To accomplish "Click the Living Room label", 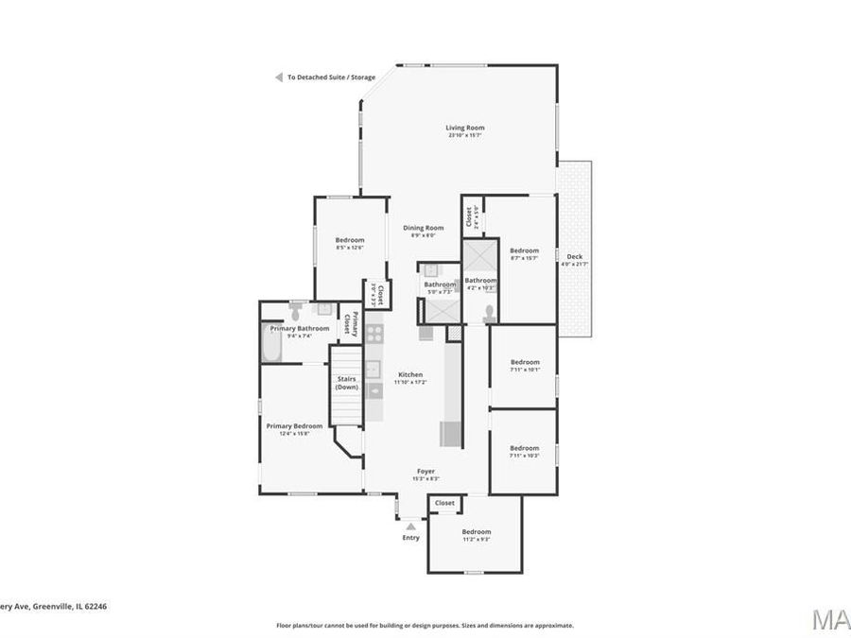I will pos(465,128).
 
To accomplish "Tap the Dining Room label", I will pos(423,227).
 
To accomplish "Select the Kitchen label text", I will pos(409,374).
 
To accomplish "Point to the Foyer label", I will pos(426,471).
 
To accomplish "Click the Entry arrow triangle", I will pos(410,525).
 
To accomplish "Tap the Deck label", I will pos(574,256).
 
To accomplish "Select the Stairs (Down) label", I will pos(346,383).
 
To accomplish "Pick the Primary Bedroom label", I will pos(294,426).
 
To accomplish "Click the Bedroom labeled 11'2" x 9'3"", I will pos(476,531).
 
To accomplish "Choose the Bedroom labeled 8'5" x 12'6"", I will pos(349,240).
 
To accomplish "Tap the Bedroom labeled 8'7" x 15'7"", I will pos(524,250).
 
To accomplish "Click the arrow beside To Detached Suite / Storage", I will pos(279,78).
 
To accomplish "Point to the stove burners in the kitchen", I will pos(374,333).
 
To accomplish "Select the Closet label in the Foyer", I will pos(444,504).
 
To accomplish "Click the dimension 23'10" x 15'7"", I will pos(465,135).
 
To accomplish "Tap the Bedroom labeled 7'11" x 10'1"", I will pos(524,362).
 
